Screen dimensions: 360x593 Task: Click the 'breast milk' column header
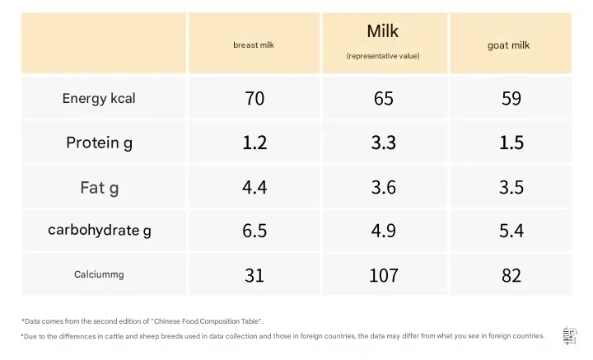[254, 45]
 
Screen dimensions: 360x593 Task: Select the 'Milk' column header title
[383, 31]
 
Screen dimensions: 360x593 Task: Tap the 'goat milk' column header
[511, 45]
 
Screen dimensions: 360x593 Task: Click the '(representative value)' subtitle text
[383, 56]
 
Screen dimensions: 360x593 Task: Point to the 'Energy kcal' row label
[99, 99]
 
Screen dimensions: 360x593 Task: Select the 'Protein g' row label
[99, 143]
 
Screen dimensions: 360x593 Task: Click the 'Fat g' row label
[99, 187]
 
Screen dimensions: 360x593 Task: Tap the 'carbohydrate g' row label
[99, 231]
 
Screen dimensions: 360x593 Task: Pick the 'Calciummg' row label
[99, 274]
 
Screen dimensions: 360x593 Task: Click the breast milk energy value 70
[254, 99]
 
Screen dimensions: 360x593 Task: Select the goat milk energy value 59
[511, 99]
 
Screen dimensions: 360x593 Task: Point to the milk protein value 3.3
[384, 143]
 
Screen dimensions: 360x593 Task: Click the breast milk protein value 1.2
[254, 143]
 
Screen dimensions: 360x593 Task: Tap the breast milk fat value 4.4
[254, 187]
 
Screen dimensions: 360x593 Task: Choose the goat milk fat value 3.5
[511, 187]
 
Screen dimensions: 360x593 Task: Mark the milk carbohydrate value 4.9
[384, 231]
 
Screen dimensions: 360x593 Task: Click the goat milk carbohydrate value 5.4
[511, 231]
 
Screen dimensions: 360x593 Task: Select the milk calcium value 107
[384, 275]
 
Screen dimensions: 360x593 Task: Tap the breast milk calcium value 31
[254, 275]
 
